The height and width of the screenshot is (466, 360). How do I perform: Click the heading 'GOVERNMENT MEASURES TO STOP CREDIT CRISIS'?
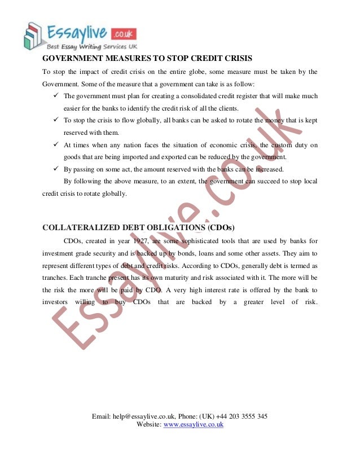click(x=147, y=59)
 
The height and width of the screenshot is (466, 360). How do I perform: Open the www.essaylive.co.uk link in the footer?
click(x=194, y=424)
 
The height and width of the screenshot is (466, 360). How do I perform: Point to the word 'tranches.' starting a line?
click(x=56, y=278)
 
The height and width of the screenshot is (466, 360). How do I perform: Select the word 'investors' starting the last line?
click(x=58, y=302)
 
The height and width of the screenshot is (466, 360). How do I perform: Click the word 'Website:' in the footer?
click(x=149, y=424)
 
